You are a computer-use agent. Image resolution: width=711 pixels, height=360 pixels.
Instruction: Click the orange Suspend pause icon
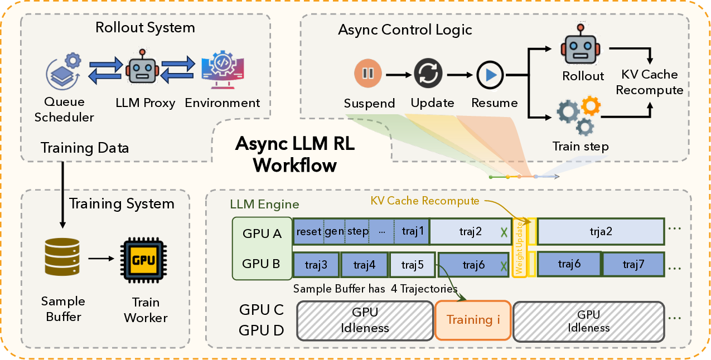coord(369,74)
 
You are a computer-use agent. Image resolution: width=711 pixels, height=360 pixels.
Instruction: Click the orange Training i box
coord(472,320)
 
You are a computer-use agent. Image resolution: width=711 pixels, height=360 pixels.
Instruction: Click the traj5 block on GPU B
coord(412,265)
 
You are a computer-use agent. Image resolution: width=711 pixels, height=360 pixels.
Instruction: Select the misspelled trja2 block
coord(601,231)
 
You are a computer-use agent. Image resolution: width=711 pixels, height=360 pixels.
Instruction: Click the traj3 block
coord(316,265)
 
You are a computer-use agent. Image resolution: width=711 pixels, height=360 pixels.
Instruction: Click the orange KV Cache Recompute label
coord(424,201)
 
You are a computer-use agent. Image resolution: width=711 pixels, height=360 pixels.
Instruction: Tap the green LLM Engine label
coord(264,205)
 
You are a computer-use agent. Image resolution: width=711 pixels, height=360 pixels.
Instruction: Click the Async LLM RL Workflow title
coord(294,154)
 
